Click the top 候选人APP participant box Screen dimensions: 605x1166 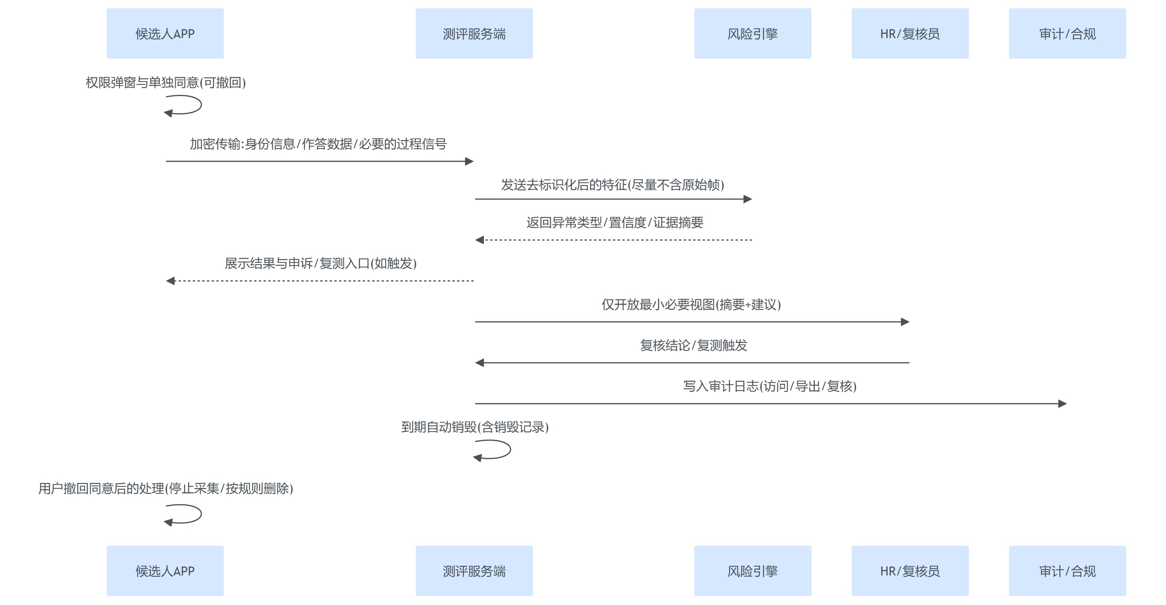click(x=165, y=33)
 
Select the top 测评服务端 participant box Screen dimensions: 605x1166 click(x=474, y=33)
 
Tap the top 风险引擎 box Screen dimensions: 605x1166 click(x=752, y=33)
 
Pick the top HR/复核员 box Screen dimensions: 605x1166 click(x=910, y=33)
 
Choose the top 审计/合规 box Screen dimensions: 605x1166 click(x=1067, y=33)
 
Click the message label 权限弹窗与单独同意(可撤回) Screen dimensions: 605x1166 click(x=166, y=82)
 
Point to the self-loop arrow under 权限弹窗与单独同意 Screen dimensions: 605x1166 click(x=185, y=105)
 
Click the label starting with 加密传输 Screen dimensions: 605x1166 click(x=318, y=144)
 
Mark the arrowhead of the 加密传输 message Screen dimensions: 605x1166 click(x=470, y=161)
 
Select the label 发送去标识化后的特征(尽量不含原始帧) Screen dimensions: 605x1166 click(x=613, y=185)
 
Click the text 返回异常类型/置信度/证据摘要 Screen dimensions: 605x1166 click(x=615, y=222)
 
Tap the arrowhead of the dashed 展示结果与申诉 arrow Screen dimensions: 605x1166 click(x=171, y=281)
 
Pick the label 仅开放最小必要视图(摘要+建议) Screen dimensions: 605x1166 click(x=691, y=304)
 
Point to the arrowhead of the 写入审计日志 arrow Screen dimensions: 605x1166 click(x=1062, y=404)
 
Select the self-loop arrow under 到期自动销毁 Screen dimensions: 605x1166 click(x=495, y=450)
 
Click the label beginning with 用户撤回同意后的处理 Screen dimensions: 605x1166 click(x=166, y=488)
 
